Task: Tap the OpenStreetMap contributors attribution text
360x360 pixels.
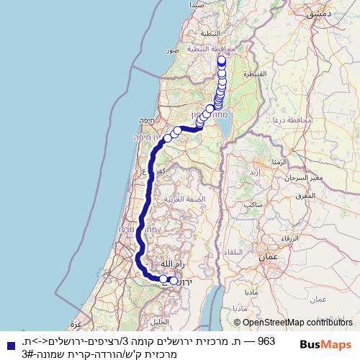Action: pyautogui.click(x=292, y=323)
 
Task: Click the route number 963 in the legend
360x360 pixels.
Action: pyautogui.click(x=266, y=340)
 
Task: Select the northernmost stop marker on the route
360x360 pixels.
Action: pyautogui.click(x=222, y=61)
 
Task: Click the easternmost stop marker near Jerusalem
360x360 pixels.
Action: pyautogui.click(x=174, y=281)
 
